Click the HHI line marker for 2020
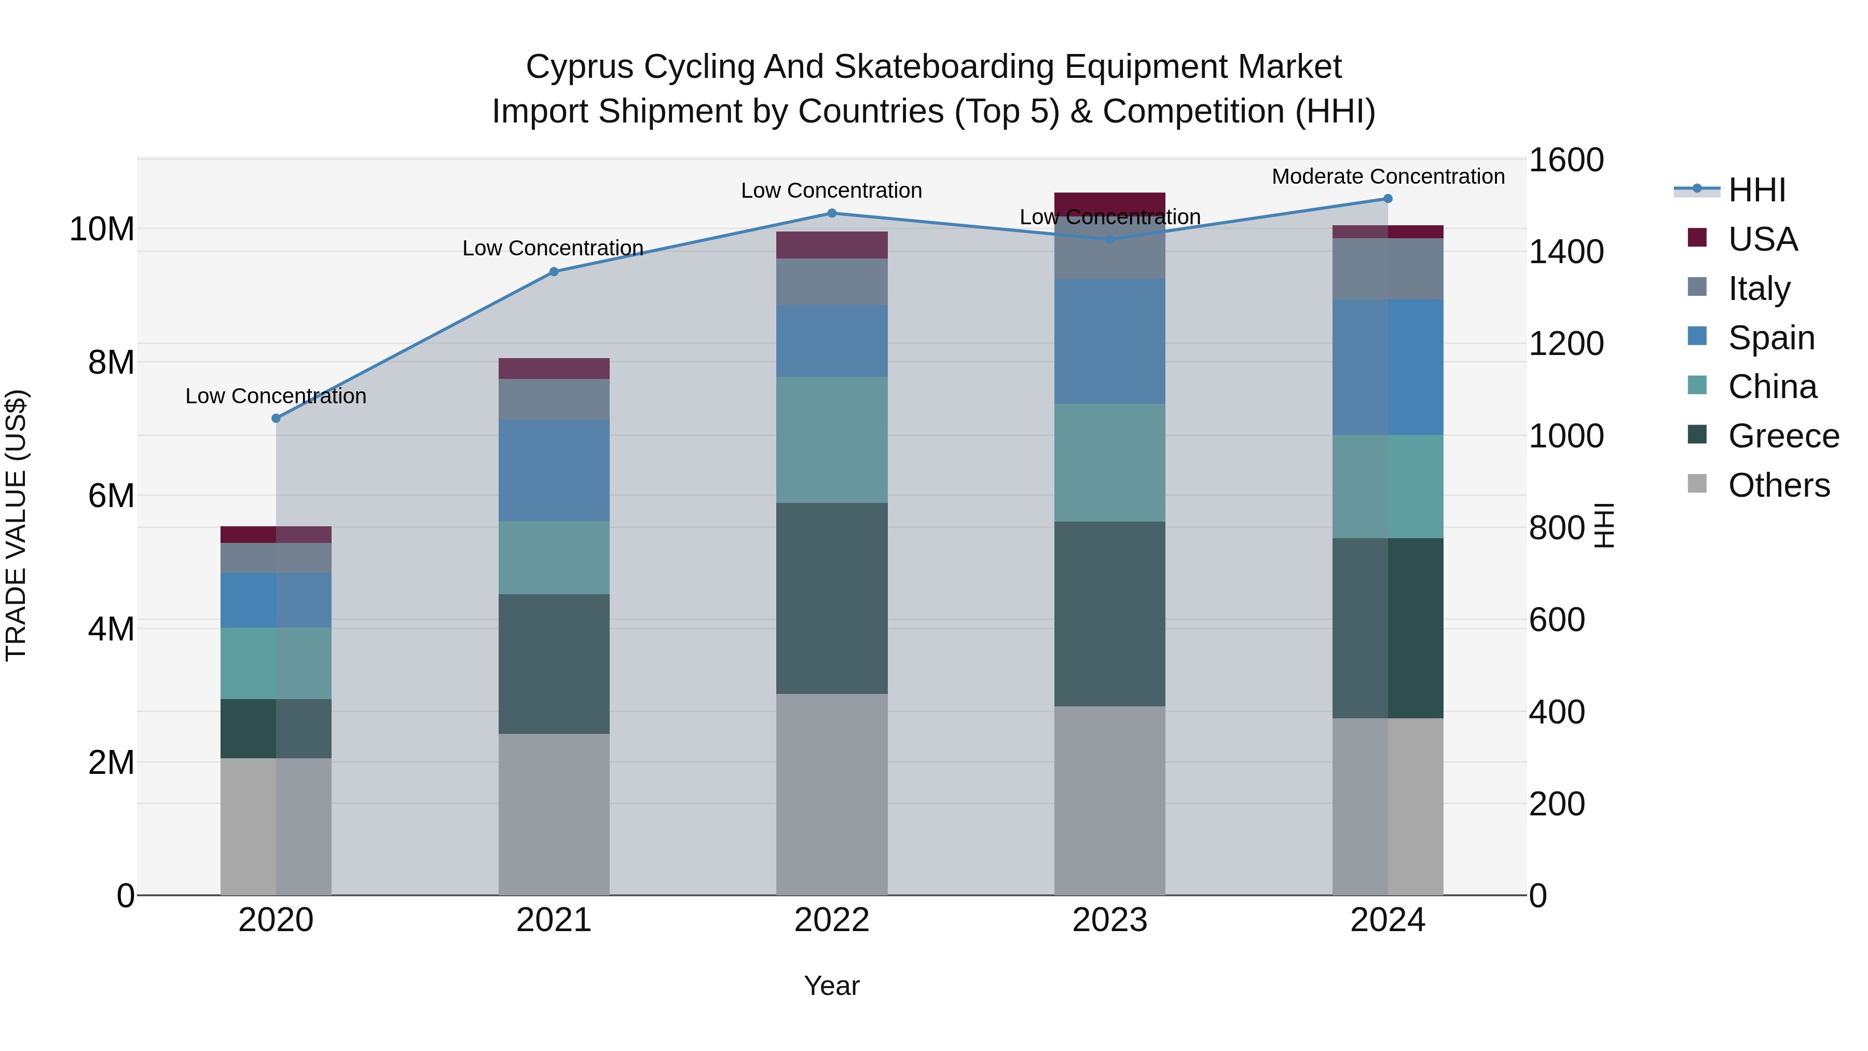276,418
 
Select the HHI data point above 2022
832,213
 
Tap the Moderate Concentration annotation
1388,176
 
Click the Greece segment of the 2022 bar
832,598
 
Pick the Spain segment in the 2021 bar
554,470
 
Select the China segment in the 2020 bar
276,663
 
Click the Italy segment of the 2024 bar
1388,268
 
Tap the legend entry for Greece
1783,436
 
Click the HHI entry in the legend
1756,190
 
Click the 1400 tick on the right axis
1567,252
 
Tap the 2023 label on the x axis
1109,920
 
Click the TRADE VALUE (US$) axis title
16,525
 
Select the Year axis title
832,986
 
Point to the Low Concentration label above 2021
553,248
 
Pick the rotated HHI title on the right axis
1605,525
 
